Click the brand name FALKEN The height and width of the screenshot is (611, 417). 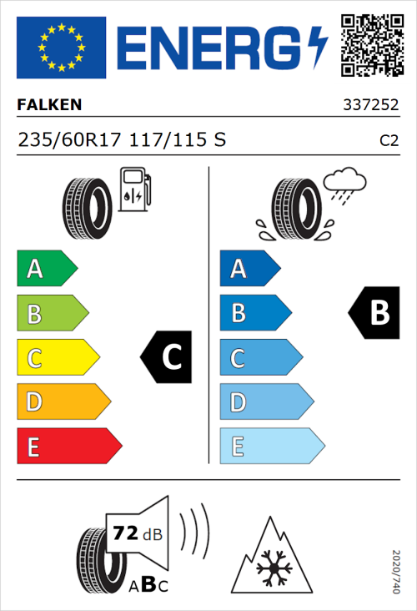tap(49, 105)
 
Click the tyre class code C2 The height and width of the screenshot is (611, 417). tap(389, 141)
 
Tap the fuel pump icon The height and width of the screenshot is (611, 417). tap(134, 189)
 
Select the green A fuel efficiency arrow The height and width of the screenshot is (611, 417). tap(46, 269)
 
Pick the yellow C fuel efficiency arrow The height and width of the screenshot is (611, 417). tap(57, 357)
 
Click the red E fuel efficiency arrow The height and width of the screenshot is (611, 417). tap(68, 447)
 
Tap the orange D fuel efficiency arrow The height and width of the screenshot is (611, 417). tap(63, 402)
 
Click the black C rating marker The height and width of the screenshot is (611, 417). tap(167, 357)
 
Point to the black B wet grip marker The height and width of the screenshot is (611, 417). tap(374, 313)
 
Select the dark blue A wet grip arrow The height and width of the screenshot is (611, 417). tap(249, 269)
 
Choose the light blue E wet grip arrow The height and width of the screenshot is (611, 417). tap(271, 447)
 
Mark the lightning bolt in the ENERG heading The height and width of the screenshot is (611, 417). tap(318, 48)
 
